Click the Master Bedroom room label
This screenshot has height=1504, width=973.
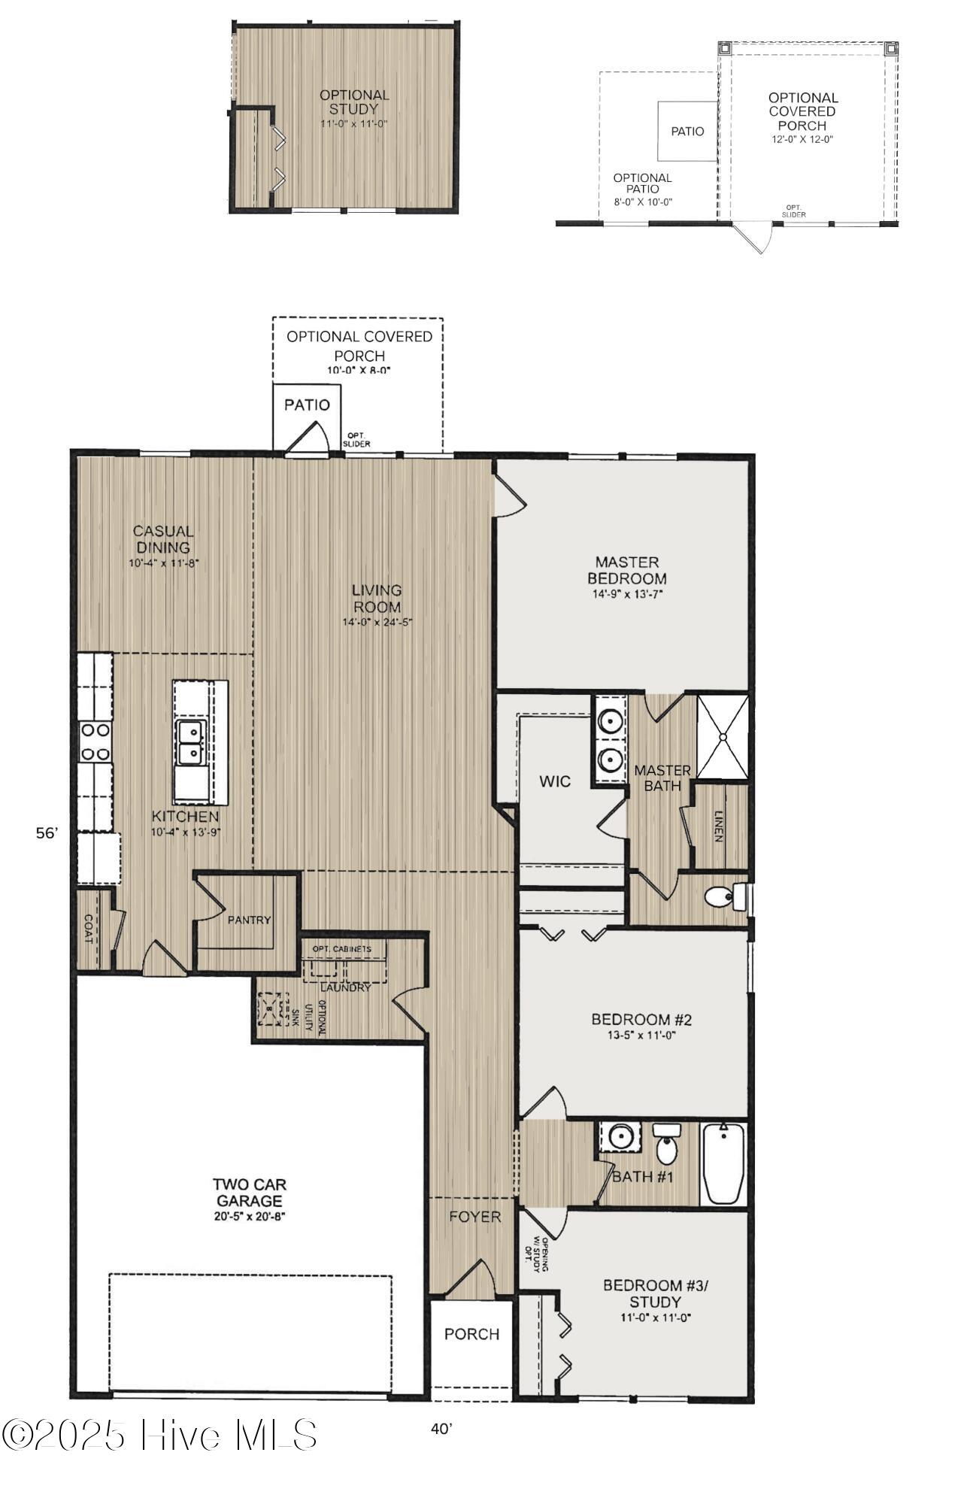(626, 571)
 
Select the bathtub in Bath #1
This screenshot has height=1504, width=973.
(723, 1163)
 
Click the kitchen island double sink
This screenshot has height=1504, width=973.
(190, 742)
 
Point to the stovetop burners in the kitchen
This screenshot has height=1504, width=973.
(95, 741)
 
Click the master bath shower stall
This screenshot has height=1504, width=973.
(722, 737)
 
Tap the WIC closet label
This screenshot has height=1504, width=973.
(555, 781)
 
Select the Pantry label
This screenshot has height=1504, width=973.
(249, 920)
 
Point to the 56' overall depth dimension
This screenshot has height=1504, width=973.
(47, 833)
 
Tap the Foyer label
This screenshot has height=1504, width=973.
(475, 1217)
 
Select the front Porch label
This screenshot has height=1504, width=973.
(471, 1334)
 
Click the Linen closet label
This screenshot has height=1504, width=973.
(720, 826)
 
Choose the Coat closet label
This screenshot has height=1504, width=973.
(88, 929)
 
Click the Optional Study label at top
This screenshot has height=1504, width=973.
(354, 102)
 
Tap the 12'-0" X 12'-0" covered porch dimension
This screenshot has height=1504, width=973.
(802, 139)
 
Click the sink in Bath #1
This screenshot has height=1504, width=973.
(620, 1137)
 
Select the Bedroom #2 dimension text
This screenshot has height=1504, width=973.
(641, 1036)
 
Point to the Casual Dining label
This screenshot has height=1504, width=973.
(163, 539)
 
